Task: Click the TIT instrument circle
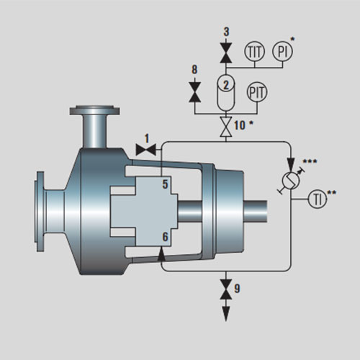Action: tap(254, 51)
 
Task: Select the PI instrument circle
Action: tap(282, 51)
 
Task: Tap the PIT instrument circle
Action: tap(257, 92)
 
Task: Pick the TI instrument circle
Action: tap(318, 199)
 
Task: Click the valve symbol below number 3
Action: tap(226, 53)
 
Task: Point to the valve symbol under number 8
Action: tap(194, 92)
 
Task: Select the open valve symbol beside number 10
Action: tap(226, 127)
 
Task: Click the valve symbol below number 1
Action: tap(146, 150)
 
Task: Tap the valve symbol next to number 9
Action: tap(226, 289)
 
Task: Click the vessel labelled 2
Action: tap(226, 92)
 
